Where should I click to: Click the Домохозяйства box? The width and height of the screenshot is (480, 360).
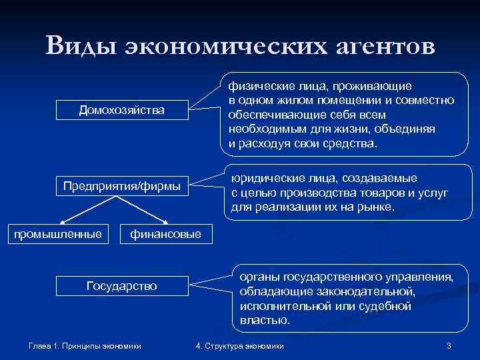(x=122, y=109)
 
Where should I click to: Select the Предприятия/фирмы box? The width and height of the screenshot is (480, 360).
(x=122, y=185)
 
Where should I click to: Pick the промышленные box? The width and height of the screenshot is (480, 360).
(x=59, y=233)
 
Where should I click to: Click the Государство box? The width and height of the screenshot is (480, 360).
(x=122, y=285)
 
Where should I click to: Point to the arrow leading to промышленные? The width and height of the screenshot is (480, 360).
(x=83, y=212)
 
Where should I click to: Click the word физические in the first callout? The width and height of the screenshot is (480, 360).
(x=255, y=86)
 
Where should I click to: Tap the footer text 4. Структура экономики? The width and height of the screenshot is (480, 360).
(x=240, y=346)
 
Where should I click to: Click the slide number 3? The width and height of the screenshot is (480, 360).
(x=449, y=346)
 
